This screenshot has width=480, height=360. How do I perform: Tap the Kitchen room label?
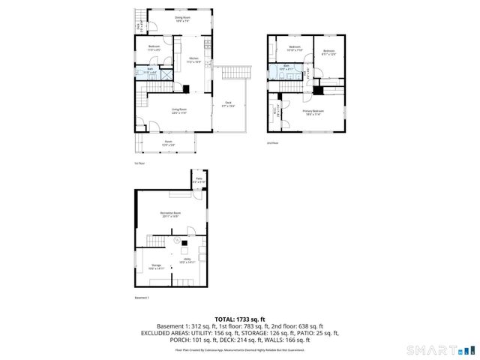click(x=193, y=59)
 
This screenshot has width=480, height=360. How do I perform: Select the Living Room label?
click(x=178, y=111)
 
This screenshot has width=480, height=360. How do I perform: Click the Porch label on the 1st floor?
click(x=169, y=142)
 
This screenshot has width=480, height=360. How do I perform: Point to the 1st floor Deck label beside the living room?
click(x=228, y=104)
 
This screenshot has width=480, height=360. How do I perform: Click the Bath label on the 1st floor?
click(x=150, y=70)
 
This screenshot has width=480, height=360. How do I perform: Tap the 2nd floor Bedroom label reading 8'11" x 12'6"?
click(x=328, y=52)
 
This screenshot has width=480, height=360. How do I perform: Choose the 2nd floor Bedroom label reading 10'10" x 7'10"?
click(x=295, y=49)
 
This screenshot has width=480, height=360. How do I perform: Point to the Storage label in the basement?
click(x=156, y=266)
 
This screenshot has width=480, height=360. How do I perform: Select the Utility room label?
click(x=186, y=262)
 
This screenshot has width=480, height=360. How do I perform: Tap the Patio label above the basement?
click(x=199, y=180)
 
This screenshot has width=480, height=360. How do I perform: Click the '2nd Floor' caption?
click(x=271, y=142)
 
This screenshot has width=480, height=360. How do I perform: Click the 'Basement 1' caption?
click(x=142, y=298)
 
